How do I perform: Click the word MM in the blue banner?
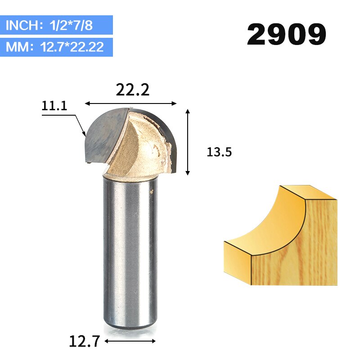(17, 47)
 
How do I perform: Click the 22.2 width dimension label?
(132, 90)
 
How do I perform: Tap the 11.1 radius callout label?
(54, 106)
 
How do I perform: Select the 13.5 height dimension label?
(219, 152)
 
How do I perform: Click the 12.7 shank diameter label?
(84, 341)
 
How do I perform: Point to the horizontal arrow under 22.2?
(131, 104)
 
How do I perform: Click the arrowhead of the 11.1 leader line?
(84, 134)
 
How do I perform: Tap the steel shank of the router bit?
(131, 247)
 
